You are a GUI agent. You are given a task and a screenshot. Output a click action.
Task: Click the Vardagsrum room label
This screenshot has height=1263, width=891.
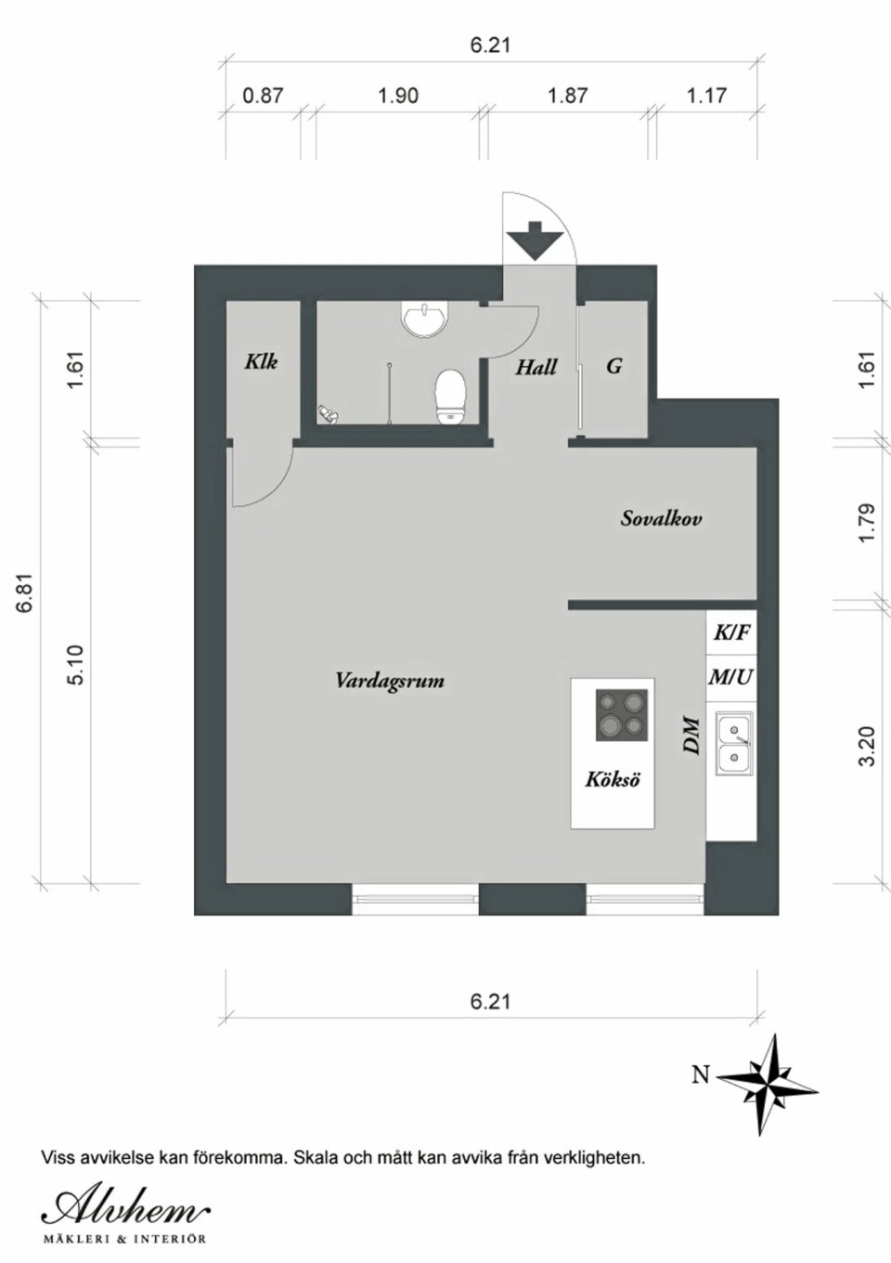pos(390,681)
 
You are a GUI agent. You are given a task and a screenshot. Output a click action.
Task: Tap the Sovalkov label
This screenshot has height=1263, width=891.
pos(661,518)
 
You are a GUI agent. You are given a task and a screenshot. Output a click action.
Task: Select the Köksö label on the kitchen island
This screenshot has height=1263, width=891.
pos(613,779)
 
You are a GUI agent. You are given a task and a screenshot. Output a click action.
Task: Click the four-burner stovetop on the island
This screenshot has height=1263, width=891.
pos(620,715)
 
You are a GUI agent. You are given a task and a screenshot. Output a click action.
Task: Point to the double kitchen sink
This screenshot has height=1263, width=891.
pos(734,743)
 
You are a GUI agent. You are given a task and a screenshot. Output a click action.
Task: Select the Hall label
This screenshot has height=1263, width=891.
pos(536,367)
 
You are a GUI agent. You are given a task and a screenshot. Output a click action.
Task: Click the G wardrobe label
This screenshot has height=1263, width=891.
pos(614,366)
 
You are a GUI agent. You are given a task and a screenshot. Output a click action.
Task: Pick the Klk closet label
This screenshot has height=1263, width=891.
pos(261,361)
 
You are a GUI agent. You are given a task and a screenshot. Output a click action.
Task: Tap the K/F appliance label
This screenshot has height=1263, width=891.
pos(731,633)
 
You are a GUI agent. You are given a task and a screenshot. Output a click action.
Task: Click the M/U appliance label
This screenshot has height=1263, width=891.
pos(730,677)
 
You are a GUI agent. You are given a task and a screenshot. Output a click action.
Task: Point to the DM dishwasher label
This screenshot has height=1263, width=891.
pos(691,736)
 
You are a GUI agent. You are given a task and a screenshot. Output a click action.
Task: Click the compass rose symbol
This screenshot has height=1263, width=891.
pos(768,1083)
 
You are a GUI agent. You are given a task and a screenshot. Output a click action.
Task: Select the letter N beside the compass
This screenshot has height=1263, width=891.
pos(701,1075)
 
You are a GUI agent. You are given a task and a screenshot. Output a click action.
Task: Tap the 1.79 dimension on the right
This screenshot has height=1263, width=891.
pos(867,523)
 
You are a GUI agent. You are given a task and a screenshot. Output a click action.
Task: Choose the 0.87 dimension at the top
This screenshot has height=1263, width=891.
pos(263,96)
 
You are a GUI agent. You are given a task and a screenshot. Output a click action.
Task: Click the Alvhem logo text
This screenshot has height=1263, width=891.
pos(125,1209)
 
